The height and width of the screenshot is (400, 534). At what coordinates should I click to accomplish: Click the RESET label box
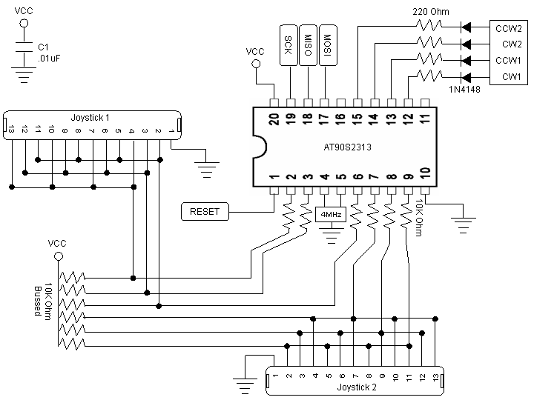pos(205,211)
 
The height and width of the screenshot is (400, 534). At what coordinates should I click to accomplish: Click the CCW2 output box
pos(507,28)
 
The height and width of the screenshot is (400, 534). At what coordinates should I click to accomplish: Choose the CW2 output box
pos(507,44)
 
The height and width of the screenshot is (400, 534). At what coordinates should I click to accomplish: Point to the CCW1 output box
pos(507,59)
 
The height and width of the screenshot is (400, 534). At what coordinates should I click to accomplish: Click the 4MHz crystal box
pos(330,215)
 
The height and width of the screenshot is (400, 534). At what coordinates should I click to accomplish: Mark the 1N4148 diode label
pos(466,90)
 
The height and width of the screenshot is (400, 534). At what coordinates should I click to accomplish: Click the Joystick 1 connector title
pos(90,117)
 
